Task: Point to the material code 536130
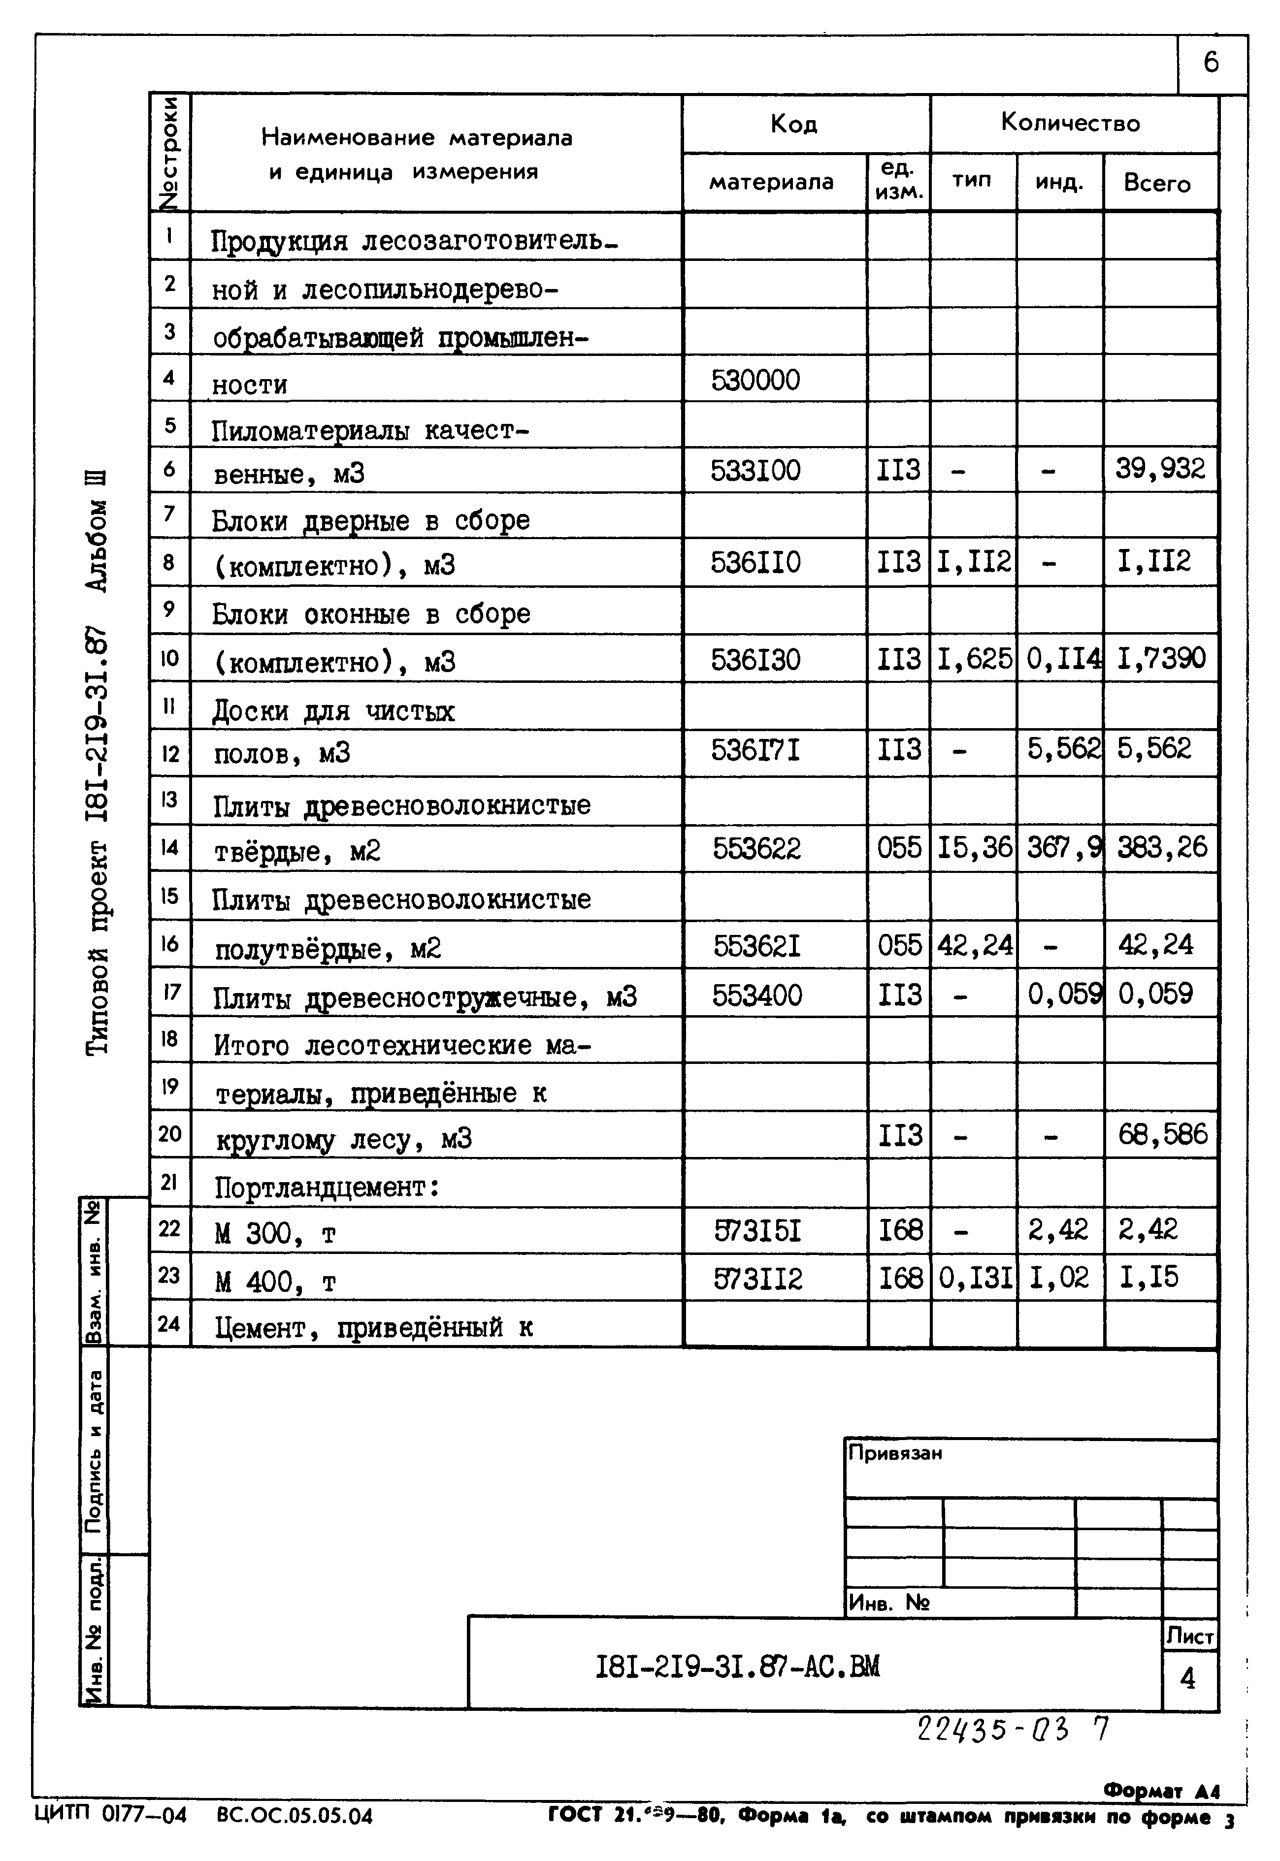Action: pos(755,659)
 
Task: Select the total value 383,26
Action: pos(1161,847)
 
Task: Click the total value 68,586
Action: pos(1162,1134)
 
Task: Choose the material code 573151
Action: pos(757,1230)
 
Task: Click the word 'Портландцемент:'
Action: pos(327,1187)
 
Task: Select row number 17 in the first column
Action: pos(170,992)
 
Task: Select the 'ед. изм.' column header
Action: pos(898,180)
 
